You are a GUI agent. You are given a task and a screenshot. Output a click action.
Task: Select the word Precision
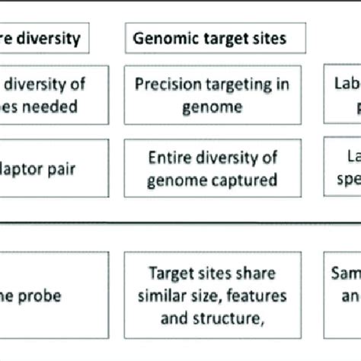tap(169, 84)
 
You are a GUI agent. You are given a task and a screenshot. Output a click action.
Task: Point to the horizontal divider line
tap(180, 222)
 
